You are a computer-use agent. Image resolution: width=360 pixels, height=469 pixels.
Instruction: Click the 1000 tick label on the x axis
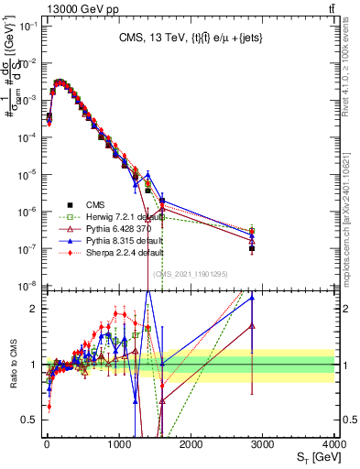point(119,444)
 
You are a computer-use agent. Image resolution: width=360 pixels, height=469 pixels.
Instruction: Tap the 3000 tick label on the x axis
point(264,444)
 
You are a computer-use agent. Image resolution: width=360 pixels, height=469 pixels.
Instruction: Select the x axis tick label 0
point(47,444)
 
